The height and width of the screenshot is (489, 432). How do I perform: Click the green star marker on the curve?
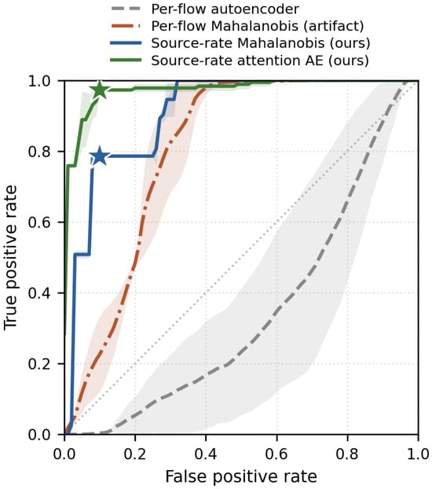[100, 90]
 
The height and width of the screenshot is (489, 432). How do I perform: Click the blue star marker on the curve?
[100, 156]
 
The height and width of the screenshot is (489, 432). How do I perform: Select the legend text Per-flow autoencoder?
[225, 9]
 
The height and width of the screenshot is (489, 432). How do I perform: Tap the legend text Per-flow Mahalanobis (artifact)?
[258, 26]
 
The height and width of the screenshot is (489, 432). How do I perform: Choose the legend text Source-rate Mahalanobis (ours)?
[261, 43]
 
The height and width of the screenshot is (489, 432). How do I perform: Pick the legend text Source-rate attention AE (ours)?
[260, 61]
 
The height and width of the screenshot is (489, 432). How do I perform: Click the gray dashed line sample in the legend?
[126, 9]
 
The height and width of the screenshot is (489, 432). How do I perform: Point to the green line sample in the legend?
[126, 61]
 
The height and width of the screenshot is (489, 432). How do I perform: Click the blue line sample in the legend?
[126, 43]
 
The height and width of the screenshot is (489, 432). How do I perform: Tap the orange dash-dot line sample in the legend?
[126, 26]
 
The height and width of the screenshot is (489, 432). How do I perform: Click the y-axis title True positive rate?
[10, 258]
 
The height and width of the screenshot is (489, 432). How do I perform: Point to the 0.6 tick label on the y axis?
[38, 222]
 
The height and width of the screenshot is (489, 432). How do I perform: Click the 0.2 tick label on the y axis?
[38, 364]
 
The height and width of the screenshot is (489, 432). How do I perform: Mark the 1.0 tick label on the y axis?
[38, 81]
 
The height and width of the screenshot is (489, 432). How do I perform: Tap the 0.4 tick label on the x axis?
[206, 454]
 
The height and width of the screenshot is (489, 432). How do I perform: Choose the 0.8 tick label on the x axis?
[347, 454]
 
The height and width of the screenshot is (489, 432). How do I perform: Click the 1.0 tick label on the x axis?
[419, 454]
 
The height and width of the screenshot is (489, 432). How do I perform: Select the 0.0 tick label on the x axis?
[64, 454]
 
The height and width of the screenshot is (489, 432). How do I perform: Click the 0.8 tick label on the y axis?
[38, 152]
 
